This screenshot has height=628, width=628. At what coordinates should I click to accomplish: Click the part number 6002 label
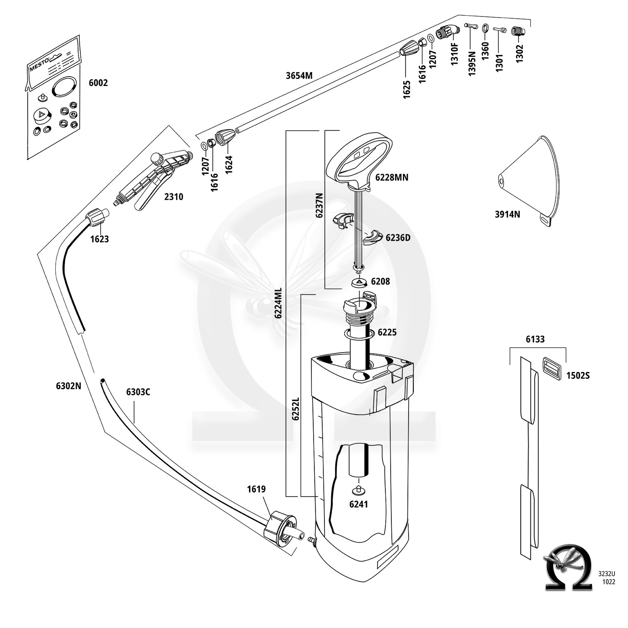[98, 83]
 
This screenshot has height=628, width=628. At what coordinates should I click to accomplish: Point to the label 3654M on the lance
[299, 76]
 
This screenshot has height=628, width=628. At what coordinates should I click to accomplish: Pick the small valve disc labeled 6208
[359, 282]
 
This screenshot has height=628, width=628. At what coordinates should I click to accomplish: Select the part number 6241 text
[358, 504]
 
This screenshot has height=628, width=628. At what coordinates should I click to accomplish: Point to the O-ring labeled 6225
[359, 334]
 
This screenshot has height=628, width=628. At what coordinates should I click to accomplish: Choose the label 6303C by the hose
[138, 392]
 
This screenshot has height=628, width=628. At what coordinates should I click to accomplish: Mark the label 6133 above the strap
[535, 340]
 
